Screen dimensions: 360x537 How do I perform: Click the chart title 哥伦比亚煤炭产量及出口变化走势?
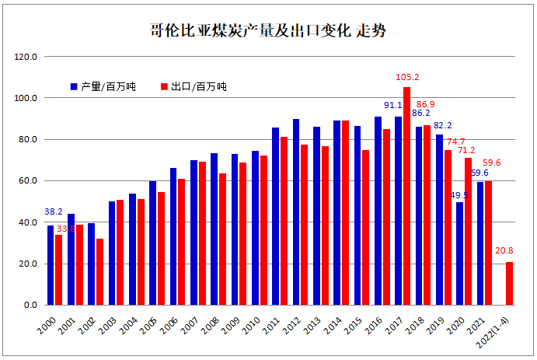click(268, 32)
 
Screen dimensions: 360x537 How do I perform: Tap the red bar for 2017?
click(406, 196)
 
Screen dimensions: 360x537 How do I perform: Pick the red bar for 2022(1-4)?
click(509, 283)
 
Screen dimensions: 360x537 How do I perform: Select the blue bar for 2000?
click(51, 265)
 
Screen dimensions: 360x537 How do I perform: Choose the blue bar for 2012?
click(296, 211)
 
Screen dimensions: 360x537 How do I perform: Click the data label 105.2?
click(407, 78)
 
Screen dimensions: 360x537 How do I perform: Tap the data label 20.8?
click(503, 251)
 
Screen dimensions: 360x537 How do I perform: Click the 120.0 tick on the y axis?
click(26, 58)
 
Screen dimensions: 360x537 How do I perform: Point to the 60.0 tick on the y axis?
click(28, 181)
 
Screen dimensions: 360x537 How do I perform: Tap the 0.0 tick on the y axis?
click(30, 305)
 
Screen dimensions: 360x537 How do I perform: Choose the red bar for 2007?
click(202, 233)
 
